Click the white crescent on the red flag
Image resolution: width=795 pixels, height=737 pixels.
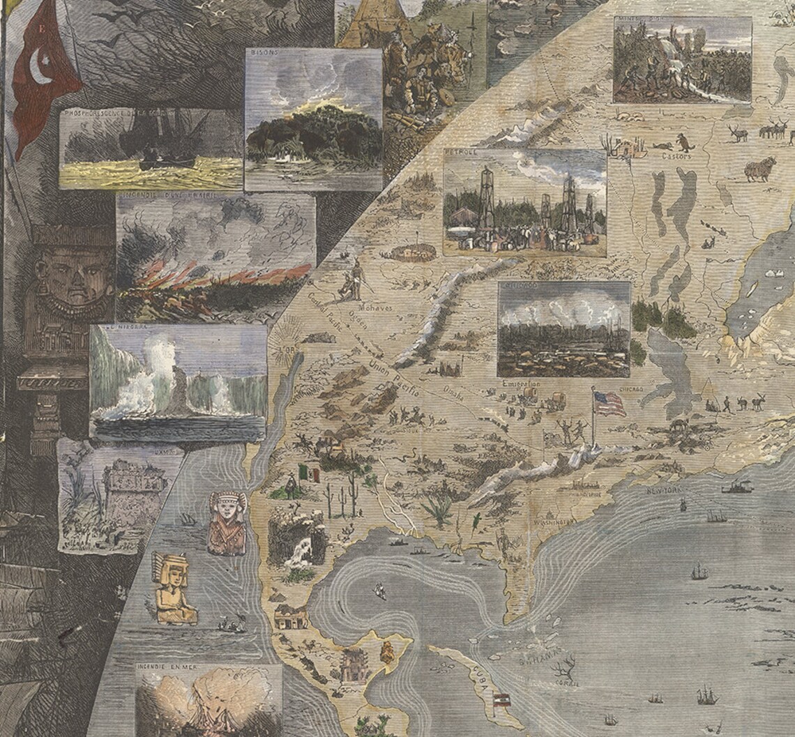(40, 67)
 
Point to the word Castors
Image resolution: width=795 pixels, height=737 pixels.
(676, 157)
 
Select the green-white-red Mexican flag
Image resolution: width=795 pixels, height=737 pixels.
(308, 473)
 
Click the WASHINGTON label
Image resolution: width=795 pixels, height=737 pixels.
(553, 520)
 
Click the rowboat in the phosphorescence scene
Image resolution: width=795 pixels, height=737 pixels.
(149, 166)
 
